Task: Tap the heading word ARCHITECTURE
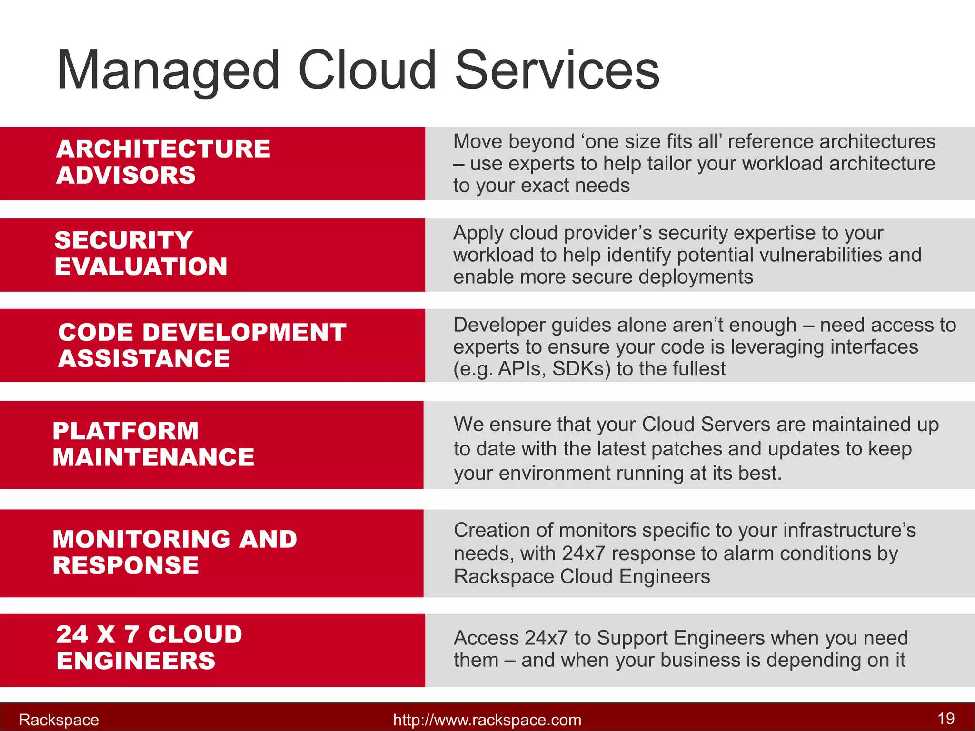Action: pyautogui.click(x=163, y=149)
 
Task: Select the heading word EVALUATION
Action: pyautogui.click(x=141, y=267)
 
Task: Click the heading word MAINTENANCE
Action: pyautogui.click(x=153, y=457)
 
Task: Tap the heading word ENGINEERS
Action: pyautogui.click(x=136, y=661)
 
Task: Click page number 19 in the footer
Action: pyautogui.click(x=945, y=718)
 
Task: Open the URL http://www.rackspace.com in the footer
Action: pyautogui.click(x=487, y=720)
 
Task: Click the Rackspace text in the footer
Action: pyautogui.click(x=59, y=720)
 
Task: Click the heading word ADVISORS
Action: pyautogui.click(x=126, y=175)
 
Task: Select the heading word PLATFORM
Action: pyautogui.click(x=126, y=431)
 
